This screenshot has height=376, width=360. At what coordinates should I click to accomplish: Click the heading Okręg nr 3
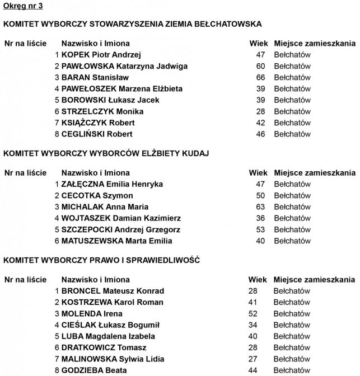click(22, 6)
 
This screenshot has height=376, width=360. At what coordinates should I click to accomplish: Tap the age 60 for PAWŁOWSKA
click(260, 66)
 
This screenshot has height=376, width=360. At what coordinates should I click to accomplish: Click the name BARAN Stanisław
click(95, 77)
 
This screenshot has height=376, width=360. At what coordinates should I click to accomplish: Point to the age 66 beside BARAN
click(260, 77)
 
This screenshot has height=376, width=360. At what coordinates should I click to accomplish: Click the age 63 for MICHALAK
click(260, 207)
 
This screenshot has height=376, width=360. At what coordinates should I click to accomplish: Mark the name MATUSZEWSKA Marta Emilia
click(116, 241)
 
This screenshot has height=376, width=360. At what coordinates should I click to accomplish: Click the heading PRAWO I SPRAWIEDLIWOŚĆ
click(101, 260)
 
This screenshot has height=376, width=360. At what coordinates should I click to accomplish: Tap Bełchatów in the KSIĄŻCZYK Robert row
click(292, 123)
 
